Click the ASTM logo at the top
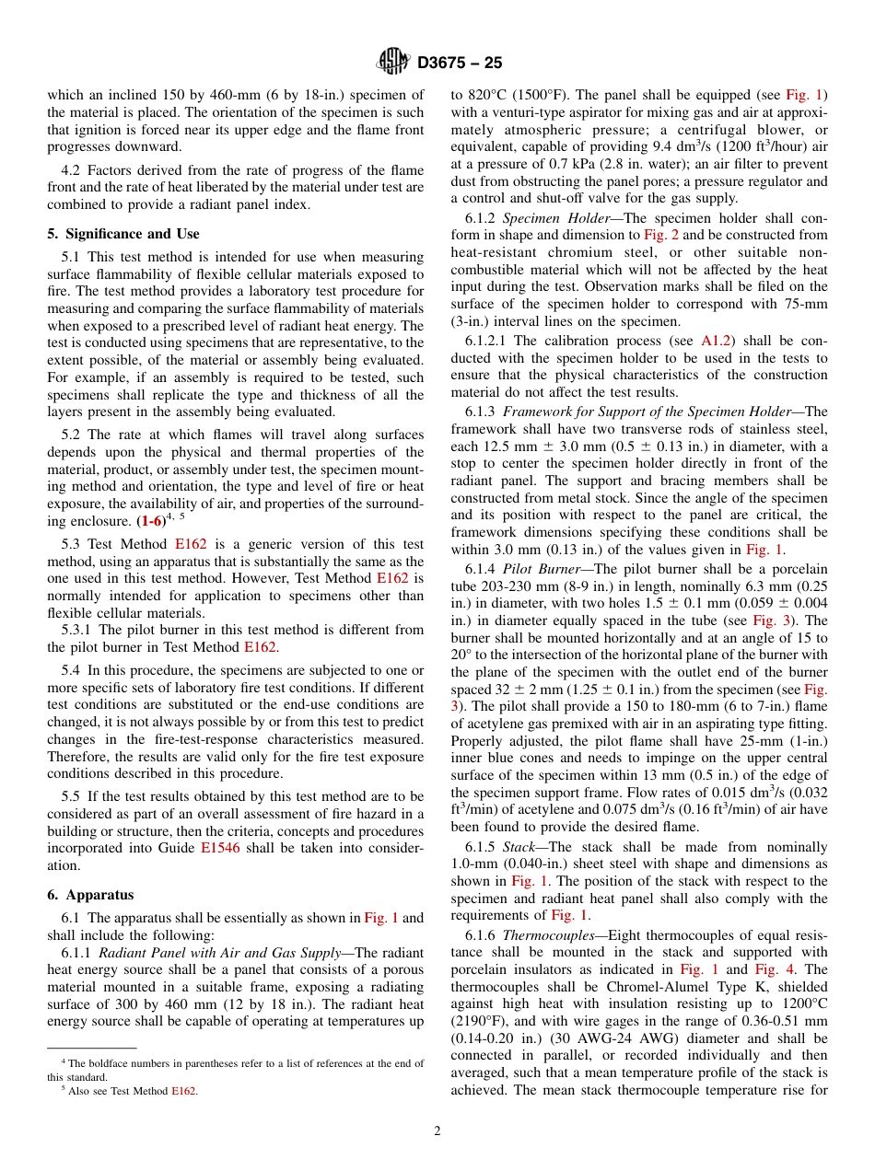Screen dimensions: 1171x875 point(393,63)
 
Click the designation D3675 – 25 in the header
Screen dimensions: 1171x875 point(460,64)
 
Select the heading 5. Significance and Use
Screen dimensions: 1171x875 point(122,234)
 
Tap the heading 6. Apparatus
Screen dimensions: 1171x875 point(90,895)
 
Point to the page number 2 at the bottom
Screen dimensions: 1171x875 point(437,1130)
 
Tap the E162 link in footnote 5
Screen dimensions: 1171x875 point(184,1092)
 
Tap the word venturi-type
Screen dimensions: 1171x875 point(517,112)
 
